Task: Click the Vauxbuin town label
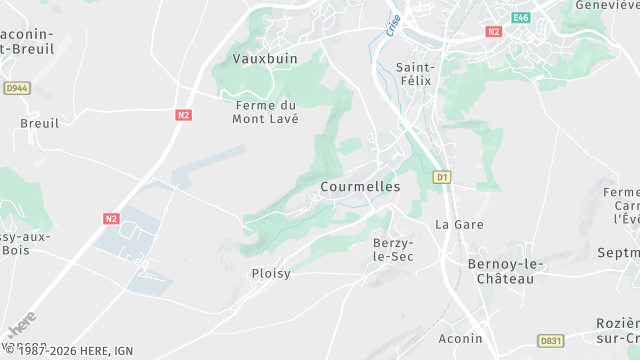coord(265,59)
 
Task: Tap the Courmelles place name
coord(360,187)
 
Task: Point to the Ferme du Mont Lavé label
coord(266,111)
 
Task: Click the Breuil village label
coord(40,123)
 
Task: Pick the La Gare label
coord(459,224)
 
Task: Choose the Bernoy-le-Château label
coord(506,271)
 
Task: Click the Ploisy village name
coord(270,273)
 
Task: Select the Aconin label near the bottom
coord(460,339)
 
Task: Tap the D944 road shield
coord(16,88)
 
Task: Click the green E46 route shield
coord(520,18)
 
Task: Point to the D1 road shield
coord(441,178)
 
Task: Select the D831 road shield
coord(551,340)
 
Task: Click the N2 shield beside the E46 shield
coord(493,31)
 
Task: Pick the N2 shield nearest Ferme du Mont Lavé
coord(183,115)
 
